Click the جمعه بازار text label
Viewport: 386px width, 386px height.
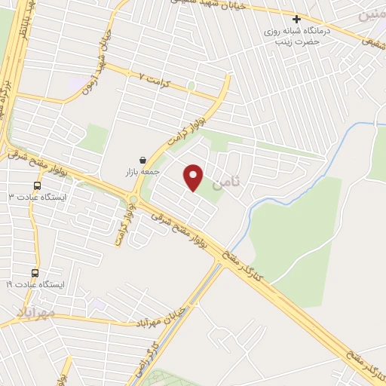[142, 172]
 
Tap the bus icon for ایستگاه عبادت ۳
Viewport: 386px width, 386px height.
[37, 185]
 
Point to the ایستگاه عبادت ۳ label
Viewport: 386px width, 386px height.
[37, 197]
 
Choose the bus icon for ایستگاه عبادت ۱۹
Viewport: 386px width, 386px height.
[35, 273]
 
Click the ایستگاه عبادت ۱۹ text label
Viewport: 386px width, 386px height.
[35, 284]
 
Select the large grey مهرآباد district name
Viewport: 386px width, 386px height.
[35, 311]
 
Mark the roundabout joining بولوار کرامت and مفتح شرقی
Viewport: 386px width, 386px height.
[133, 199]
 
